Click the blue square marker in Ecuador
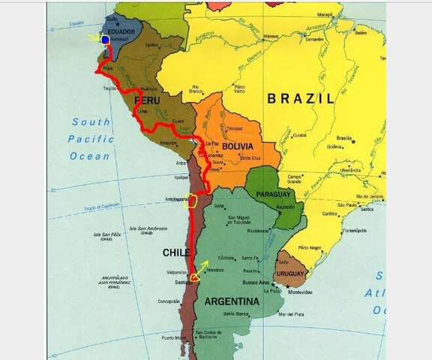[x=106, y=40]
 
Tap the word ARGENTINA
[x=230, y=301]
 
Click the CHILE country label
[x=176, y=253]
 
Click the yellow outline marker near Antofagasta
[x=193, y=199]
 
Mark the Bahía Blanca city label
[x=238, y=313]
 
